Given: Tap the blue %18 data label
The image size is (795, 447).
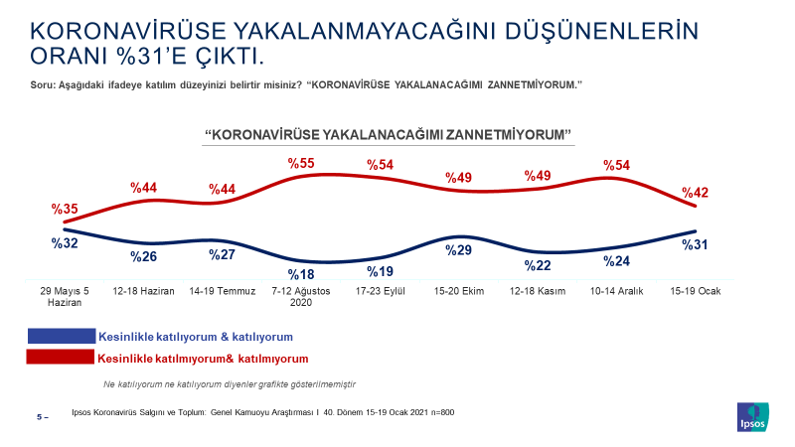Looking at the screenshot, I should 301,275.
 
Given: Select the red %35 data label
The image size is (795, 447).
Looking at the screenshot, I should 65,209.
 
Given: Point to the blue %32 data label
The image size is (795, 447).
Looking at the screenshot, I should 65,240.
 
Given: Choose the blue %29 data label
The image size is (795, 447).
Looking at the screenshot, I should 458,250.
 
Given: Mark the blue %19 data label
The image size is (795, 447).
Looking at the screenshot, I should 380,271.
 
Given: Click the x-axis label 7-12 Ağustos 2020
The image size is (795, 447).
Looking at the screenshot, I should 301,297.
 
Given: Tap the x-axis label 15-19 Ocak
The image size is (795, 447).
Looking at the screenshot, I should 694,291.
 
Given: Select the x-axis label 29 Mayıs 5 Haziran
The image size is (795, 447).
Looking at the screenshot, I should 65,297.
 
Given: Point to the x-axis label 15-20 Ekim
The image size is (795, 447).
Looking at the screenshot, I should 458,291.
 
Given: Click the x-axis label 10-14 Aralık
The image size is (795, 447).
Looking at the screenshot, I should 615,291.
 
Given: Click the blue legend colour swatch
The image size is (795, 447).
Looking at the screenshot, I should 61,337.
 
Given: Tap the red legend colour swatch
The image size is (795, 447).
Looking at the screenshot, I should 61,358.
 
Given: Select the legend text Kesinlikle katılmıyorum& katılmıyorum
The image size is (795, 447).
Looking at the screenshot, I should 203,358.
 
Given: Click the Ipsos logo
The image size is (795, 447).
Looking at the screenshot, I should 751,417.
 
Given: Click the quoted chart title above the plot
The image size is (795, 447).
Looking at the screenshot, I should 390,133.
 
